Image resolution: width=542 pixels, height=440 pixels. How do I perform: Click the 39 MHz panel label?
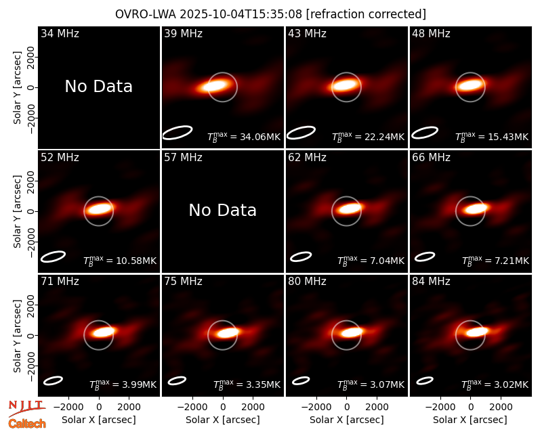coord(183,33)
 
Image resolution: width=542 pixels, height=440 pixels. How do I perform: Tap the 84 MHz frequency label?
coord(431,282)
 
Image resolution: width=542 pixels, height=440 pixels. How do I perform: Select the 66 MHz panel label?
coord(431,158)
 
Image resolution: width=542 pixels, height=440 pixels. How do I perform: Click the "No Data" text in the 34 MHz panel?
coord(99,87)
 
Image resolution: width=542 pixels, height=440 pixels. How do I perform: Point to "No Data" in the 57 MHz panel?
coord(223,211)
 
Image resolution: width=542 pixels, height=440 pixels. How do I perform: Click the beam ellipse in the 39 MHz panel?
coord(178,133)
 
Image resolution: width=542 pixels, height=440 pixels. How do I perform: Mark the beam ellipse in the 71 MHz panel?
coord(53,380)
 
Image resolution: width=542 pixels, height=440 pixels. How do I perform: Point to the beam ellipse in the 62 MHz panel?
coord(301,257)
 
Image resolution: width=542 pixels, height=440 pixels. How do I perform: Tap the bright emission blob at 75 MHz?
coord(227,333)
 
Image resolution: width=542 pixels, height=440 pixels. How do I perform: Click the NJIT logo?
coord(26,408)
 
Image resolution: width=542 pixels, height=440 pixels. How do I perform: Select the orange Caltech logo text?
coord(27,424)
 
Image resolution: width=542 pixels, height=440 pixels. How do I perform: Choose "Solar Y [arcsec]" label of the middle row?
coord(17,211)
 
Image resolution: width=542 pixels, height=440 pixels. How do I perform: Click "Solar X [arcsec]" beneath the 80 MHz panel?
coord(347,420)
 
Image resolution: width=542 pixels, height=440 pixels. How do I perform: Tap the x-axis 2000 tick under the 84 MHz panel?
coord(501,408)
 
